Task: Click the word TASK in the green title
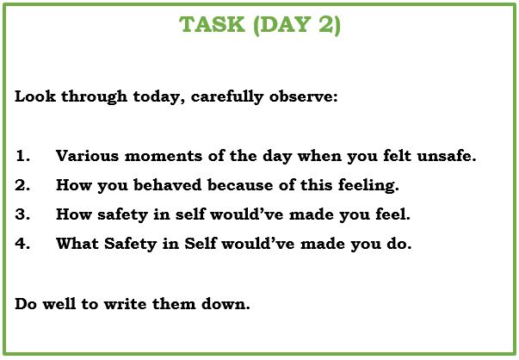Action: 213,24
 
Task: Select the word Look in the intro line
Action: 35,96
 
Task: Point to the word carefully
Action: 227,97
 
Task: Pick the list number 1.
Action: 22,156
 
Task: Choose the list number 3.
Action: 22,214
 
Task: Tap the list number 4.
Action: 22,244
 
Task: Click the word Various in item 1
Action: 87,156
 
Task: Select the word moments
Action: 164,156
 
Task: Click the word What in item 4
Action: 77,244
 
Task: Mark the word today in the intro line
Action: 157,97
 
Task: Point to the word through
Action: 95,97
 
